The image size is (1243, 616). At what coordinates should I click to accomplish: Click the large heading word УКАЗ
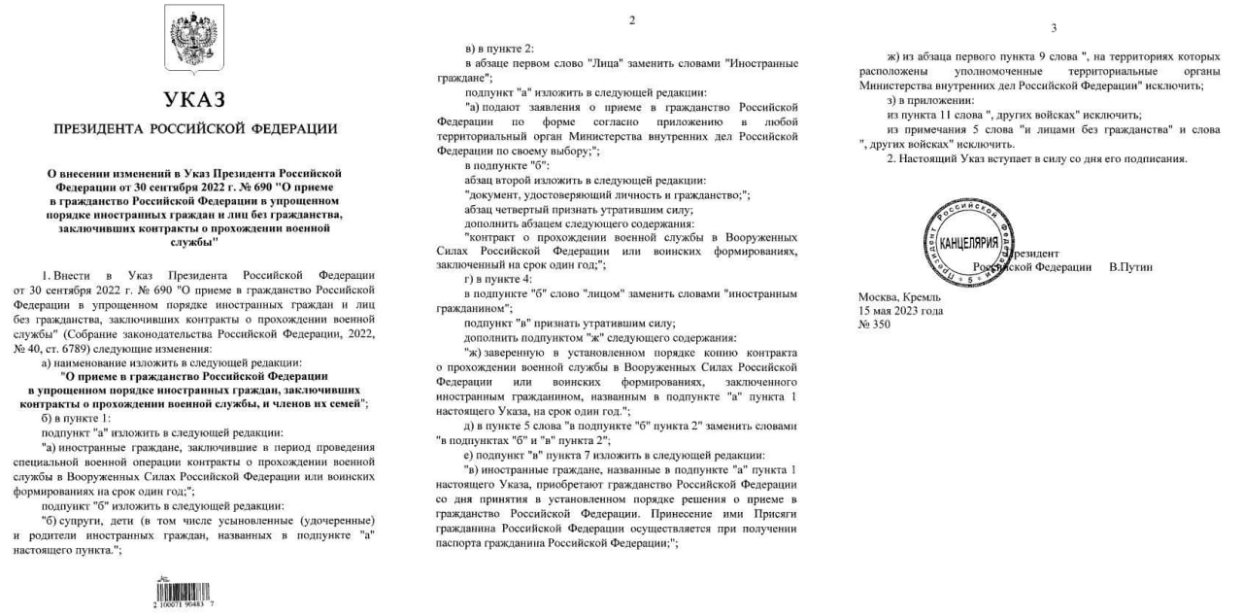pos(194,100)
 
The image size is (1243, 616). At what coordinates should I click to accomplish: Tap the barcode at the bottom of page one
pos(185,591)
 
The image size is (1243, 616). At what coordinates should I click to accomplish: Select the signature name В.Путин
pos(1130,266)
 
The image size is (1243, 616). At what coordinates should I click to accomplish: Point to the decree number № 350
pos(874,325)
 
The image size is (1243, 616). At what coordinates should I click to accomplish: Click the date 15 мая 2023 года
pos(900,311)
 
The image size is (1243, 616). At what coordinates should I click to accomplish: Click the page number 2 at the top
pos(631,20)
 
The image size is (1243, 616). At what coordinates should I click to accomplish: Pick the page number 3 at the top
pos(1054,27)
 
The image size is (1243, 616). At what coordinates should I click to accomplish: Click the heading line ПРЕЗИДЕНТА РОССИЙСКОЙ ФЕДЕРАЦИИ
pos(195,128)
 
